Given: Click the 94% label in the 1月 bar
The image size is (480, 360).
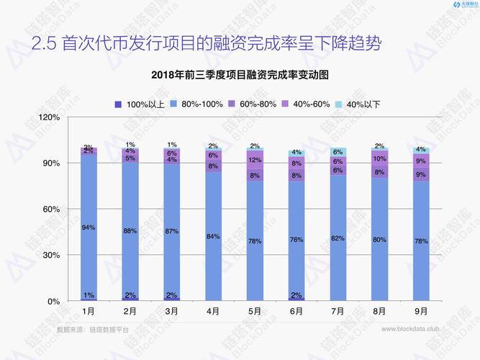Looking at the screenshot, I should [x=89, y=228].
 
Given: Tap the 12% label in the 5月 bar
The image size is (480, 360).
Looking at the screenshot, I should [x=255, y=160].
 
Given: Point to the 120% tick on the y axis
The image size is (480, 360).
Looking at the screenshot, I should [x=48, y=117].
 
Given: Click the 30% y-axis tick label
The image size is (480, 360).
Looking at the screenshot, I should [x=50, y=256].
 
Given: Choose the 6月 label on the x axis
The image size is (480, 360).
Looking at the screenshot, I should [x=296, y=312].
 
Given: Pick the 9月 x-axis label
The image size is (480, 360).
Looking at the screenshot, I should [x=422, y=312].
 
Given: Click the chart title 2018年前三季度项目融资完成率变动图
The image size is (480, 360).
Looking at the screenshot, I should [x=240, y=76].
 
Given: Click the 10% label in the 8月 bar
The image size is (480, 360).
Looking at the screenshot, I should [x=380, y=158].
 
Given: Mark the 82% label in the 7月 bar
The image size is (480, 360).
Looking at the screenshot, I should [x=338, y=238].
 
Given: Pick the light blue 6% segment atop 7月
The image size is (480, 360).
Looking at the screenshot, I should [x=338, y=152].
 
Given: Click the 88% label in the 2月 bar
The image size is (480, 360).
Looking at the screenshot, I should [x=130, y=231].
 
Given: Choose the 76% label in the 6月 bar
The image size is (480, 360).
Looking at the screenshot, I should [x=296, y=240].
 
